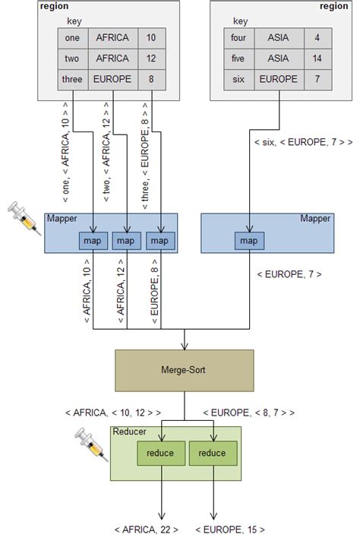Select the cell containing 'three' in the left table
[x=71, y=77]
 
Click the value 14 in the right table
[x=317, y=56]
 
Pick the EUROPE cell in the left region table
[x=113, y=77]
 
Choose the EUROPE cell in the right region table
[x=277, y=78]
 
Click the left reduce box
[x=160, y=454]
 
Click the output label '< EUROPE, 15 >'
[x=231, y=530]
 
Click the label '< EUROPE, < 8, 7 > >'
[x=249, y=413]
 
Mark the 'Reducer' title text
[x=129, y=432]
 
